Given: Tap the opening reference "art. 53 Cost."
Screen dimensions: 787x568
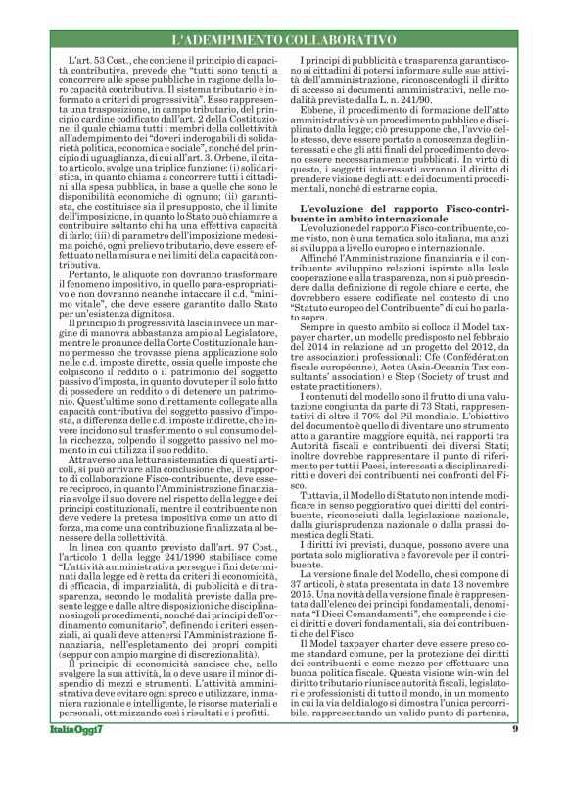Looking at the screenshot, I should pyautogui.click(x=87, y=62).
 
